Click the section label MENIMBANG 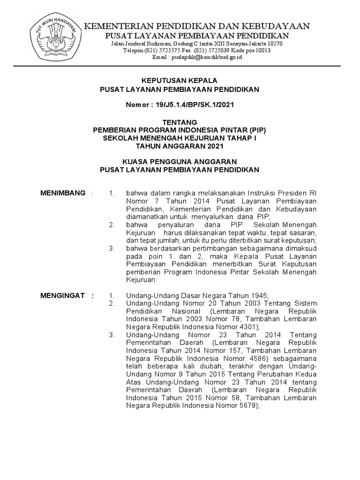pyautogui.click(x=63, y=193)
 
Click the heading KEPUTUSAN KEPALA pyautogui.click(x=180, y=81)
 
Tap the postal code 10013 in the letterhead pyautogui.click(x=274, y=51)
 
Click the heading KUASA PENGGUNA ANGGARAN pyautogui.click(x=180, y=162)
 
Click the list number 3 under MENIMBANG pyautogui.click(x=112, y=248)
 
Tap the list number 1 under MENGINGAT pyautogui.click(x=112, y=296)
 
